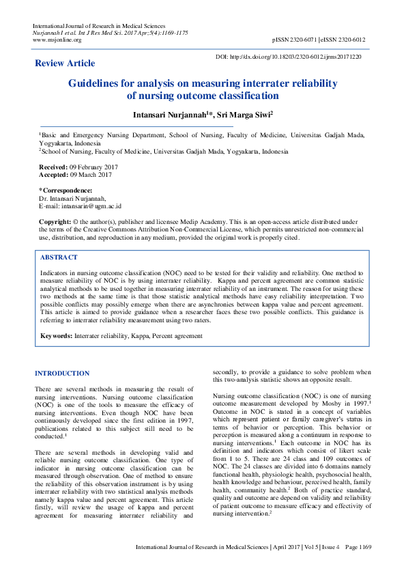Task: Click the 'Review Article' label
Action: click(65, 64)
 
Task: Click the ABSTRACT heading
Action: click(59, 257)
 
